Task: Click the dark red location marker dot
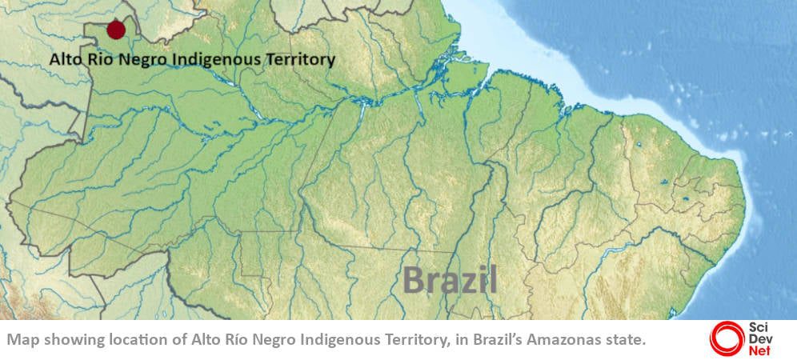(x=116, y=30)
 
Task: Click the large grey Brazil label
(x=450, y=280)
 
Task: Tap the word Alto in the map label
(x=65, y=59)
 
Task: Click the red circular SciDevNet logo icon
(x=725, y=338)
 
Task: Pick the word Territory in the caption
(x=407, y=340)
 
